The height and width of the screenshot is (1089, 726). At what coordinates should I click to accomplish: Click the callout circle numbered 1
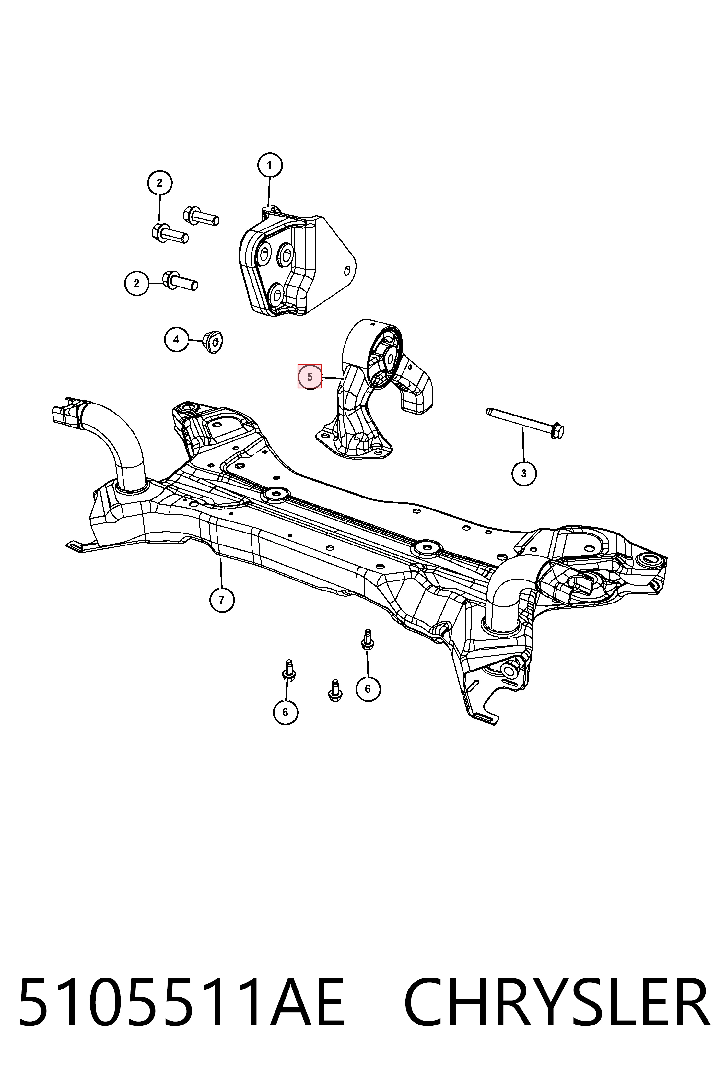click(269, 165)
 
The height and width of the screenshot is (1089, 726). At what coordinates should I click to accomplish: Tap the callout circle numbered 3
click(524, 474)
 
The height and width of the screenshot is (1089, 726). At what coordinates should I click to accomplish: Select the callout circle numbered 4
click(176, 339)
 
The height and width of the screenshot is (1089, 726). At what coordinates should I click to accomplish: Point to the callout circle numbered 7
click(222, 600)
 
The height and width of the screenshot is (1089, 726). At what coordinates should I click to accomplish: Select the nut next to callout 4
click(213, 342)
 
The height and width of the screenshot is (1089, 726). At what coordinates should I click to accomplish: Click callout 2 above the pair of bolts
click(160, 183)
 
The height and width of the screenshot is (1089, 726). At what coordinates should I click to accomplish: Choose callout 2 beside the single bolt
click(136, 283)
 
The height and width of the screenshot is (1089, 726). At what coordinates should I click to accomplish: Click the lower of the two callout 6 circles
click(285, 712)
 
